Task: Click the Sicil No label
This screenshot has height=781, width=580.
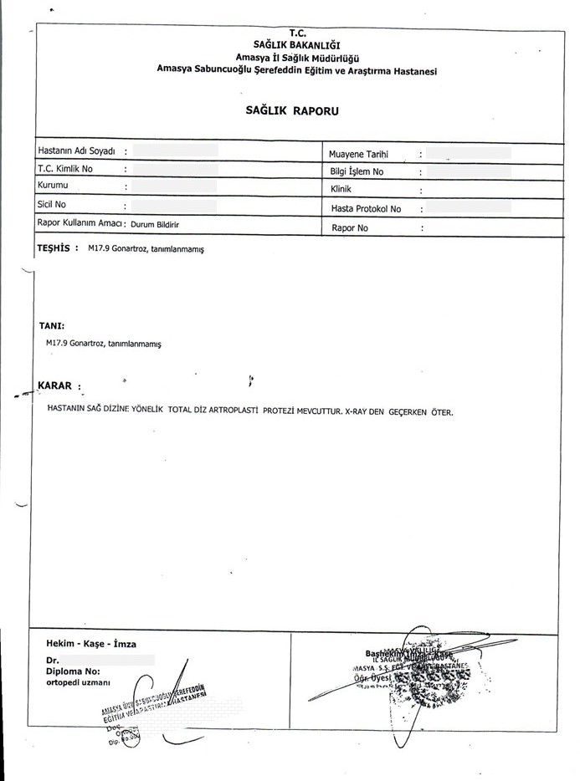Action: (x=52, y=203)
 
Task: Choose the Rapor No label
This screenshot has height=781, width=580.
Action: (x=350, y=227)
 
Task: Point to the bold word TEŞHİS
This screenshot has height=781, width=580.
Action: (x=54, y=248)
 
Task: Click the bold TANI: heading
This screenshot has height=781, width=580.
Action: (x=52, y=326)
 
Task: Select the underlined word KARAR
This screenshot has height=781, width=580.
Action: (x=56, y=386)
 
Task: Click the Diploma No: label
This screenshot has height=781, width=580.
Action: (x=74, y=671)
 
